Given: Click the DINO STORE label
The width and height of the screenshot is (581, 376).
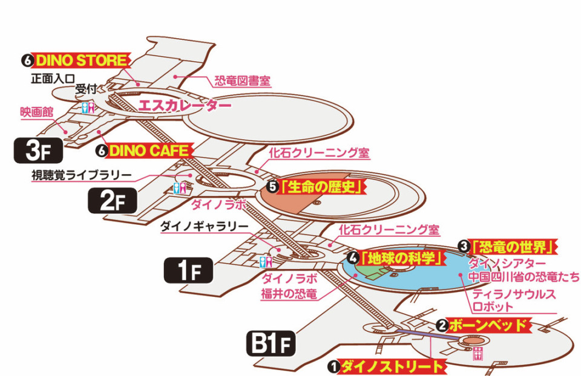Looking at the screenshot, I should [x=82, y=60].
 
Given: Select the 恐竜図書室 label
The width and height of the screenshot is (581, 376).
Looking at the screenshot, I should [x=242, y=81].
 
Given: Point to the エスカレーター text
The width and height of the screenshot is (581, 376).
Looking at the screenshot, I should [x=185, y=106].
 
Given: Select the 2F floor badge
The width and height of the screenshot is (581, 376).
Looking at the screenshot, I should [x=113, y=201].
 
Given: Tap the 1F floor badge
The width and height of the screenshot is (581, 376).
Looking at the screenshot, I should [x=188, y=270].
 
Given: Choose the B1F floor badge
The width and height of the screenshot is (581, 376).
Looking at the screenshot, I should [x=272, y=346].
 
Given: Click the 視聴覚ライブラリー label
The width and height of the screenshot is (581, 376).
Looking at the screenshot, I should [x=82, y=175].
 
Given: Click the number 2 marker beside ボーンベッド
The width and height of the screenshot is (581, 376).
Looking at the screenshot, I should [x=442, y=325].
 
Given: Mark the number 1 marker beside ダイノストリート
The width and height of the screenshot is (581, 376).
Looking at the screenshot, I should [x=333, y=366].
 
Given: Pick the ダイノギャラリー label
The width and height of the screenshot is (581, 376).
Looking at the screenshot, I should [x=204, y=227].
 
